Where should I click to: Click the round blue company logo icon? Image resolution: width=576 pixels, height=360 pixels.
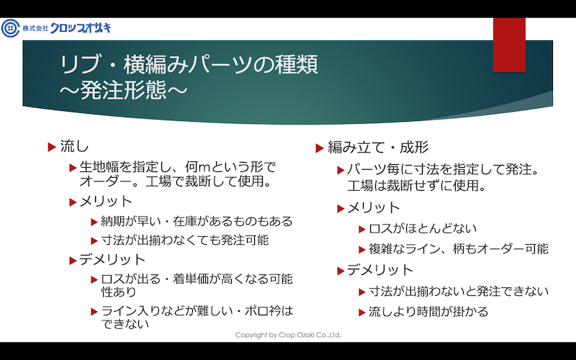tap(10, 28)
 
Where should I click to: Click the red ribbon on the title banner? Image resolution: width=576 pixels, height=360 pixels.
tap(509, 45)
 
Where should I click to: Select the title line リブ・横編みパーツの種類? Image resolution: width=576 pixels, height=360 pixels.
tap(189, 65)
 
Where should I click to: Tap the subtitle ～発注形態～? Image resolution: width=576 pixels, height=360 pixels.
tap(124, 91)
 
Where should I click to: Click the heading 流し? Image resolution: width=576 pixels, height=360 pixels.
tap(75, 147)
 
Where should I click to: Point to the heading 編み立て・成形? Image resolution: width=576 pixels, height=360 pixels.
tap(378, 148)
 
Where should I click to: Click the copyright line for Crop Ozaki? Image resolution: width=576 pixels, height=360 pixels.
tap(289, 335)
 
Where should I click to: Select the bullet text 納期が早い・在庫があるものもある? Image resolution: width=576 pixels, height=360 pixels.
tap(197, 221)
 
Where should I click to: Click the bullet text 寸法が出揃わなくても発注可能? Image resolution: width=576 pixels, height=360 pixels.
tap(185, 240)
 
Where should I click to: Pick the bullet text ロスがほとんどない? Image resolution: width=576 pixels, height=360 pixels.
tap(423, 228)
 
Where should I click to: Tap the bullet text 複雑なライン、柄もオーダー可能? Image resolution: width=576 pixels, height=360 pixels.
tap(459, 249)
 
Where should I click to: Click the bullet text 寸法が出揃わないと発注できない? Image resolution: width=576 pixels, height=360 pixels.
tap(459, 292)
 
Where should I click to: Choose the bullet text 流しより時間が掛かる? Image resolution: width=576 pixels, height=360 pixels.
tap(428, 312)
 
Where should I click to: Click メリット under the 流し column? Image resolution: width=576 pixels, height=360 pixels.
tap(106, 202)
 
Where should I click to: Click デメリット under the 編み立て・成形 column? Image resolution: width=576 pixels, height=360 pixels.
tap(380, 271)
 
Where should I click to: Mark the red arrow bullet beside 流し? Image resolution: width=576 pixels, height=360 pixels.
tap(52, 148)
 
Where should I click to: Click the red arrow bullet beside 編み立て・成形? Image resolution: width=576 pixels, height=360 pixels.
tap(320, 148)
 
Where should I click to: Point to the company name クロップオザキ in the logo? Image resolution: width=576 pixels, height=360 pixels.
tap(80, 28)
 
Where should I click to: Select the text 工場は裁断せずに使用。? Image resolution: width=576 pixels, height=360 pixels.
tap(417, 186)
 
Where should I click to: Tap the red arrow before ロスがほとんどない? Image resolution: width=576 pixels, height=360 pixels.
tap(362, 230)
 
